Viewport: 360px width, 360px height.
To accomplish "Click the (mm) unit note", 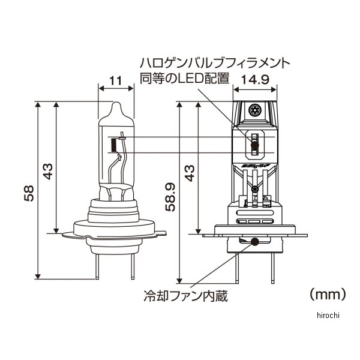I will (x=328, y=294).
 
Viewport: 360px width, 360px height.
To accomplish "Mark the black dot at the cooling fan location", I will (x=257, y=242).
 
